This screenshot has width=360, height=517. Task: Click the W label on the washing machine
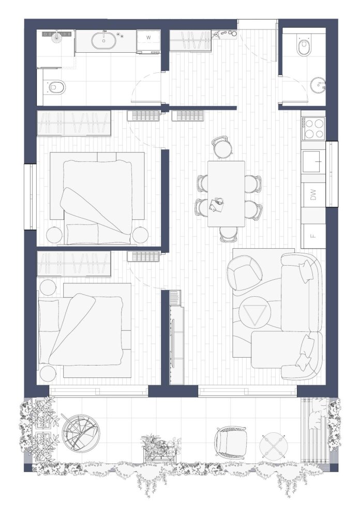coord(148,38)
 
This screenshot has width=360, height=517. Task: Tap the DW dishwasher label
coord(313,194)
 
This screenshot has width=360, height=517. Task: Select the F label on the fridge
coord(313,236)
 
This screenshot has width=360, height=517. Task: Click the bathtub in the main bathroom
coord(104,40)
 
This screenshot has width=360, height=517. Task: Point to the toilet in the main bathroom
coord(55,87)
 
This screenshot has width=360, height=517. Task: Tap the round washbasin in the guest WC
coord(318,86)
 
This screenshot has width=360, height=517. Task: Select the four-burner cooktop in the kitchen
coord(314,128)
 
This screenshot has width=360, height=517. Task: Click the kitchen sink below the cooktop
coord(311,161)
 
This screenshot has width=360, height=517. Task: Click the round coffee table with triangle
coord(254,312)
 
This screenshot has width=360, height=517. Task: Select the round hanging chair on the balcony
coord(81,433)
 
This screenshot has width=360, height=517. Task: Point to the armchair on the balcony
coord(230,442)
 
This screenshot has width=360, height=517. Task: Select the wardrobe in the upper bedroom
coord(73,123)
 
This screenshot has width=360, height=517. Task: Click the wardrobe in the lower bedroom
coord(73,264)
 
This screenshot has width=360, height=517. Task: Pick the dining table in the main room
coord(227,194)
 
